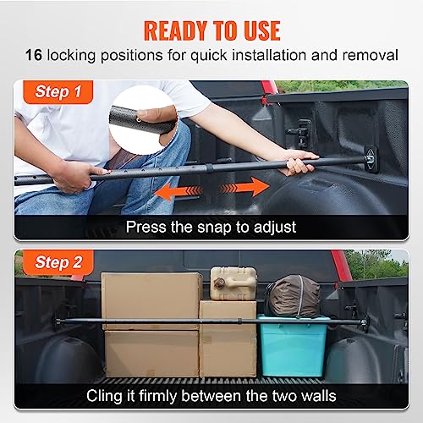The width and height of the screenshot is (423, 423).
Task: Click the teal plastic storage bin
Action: point(293,344)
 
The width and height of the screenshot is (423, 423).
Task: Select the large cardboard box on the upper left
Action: point(152,298)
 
